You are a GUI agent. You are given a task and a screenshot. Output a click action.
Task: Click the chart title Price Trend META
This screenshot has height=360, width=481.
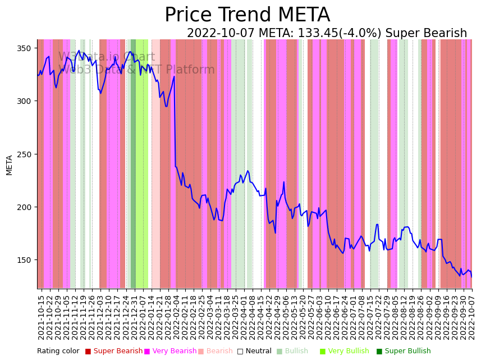pos(247,15)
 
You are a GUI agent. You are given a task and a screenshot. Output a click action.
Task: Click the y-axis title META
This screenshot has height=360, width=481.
pos(9,165)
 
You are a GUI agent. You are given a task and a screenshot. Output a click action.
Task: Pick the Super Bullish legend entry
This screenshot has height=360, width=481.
pos(407,351)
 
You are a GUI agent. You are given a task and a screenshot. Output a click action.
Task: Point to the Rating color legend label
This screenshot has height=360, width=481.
pos(58,351)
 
